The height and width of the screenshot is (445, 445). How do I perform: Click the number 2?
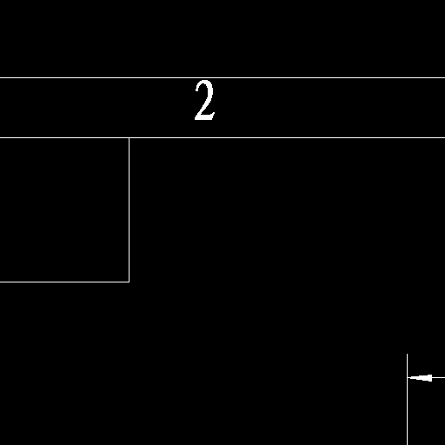point(205,100)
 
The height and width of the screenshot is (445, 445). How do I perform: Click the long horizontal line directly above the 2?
point(222,77)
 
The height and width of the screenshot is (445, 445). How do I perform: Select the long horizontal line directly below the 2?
point(222,137)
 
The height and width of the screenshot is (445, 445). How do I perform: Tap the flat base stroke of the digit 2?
point(205,117)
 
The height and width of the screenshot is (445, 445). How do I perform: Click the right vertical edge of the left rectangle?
point(130,209)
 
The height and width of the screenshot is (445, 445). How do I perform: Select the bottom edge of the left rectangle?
point(64,282)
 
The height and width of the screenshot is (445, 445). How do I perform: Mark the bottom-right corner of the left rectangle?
point(130,282)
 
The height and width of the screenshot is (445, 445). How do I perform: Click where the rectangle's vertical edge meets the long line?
point(130,138)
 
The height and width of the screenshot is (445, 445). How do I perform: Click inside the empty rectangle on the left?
point(64,209)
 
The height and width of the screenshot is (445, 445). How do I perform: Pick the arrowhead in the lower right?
point(420,378)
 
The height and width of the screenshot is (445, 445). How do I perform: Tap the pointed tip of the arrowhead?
point(408,378)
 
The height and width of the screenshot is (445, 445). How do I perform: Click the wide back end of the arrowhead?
point(432,378)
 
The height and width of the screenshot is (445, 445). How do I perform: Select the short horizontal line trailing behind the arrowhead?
point(439,378)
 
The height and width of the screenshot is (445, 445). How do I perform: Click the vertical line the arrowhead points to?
point(407,399)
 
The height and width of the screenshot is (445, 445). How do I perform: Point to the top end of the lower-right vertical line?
point(407,354)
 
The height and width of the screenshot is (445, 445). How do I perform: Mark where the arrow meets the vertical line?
point(408,378)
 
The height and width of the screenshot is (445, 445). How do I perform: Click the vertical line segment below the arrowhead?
point(407,411)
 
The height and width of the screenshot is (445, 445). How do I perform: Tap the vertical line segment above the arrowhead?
point(407,366)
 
